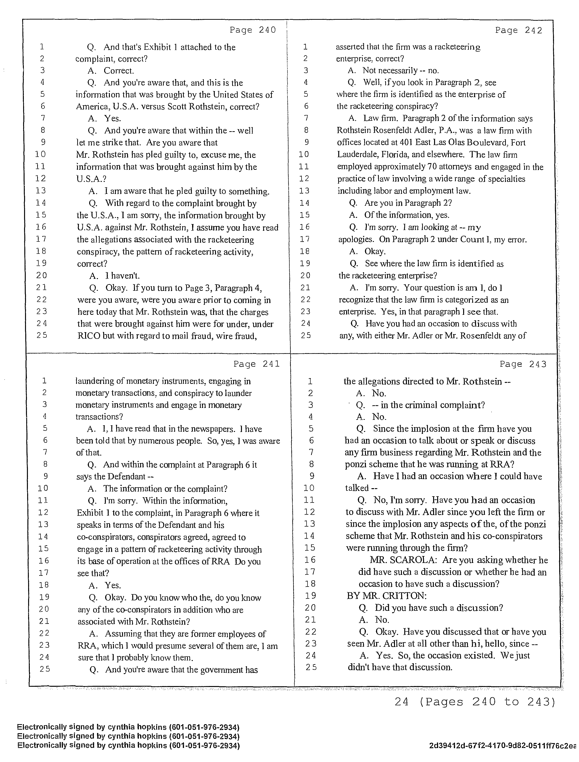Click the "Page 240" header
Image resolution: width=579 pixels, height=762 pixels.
[x=253, y=30]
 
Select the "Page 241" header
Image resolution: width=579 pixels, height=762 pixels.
[x=256, y=364]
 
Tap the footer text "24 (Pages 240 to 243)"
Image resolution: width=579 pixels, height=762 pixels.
[x=475, y=702]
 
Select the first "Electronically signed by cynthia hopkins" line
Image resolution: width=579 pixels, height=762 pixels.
[x=128, y=727]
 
